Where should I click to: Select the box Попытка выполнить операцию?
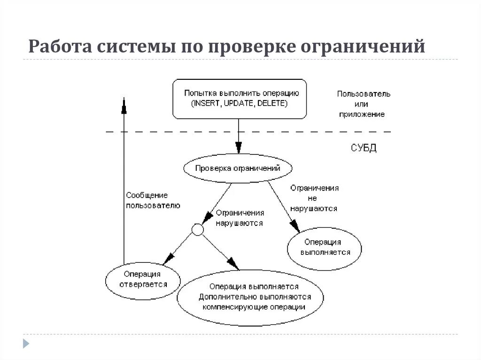point(240,98)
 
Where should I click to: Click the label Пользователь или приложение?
point(363,104)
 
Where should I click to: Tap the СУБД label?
point(364,148)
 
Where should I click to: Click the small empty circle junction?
point(197,230)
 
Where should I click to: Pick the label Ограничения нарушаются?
point(240,218)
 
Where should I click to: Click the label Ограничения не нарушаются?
point(314,198)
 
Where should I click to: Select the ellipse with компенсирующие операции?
point(250,297)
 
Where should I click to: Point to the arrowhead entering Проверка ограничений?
point(239,147)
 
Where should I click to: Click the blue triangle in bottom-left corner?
point(26,343)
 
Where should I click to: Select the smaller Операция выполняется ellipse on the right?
point(325,247)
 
